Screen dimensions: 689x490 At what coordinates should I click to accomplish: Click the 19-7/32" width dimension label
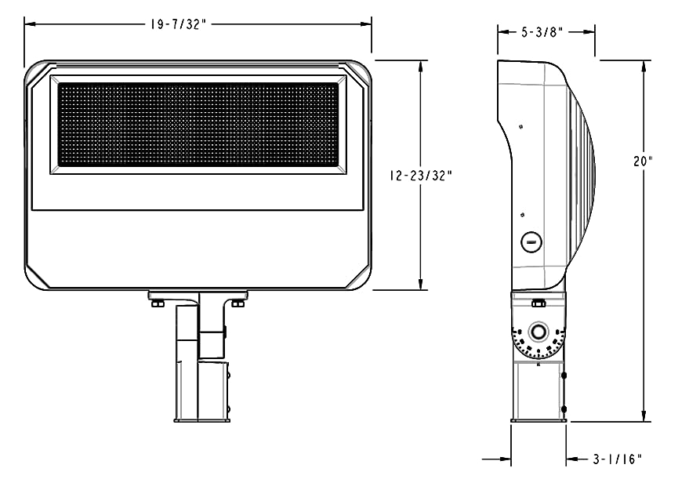click(x=177, y=24)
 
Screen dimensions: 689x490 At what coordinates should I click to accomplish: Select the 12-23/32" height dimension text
click(x=421, y=176)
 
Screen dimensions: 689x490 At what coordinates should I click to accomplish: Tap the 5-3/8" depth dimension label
click(x=542, y=32)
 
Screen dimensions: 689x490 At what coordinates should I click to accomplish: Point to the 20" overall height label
click(x=644, y=162)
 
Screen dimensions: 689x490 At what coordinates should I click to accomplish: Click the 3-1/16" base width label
click(x=618, y=459)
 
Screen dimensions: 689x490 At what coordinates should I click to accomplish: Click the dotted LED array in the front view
click(x=198, y=125)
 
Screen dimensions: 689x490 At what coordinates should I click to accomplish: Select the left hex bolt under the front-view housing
click(x=158, y=303)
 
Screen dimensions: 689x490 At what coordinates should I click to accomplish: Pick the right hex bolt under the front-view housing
click(x=238, y=303)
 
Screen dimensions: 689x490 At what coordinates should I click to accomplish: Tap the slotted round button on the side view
click(x=531, y=242)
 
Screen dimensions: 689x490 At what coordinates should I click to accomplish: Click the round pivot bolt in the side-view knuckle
click(x=539, y=332)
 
